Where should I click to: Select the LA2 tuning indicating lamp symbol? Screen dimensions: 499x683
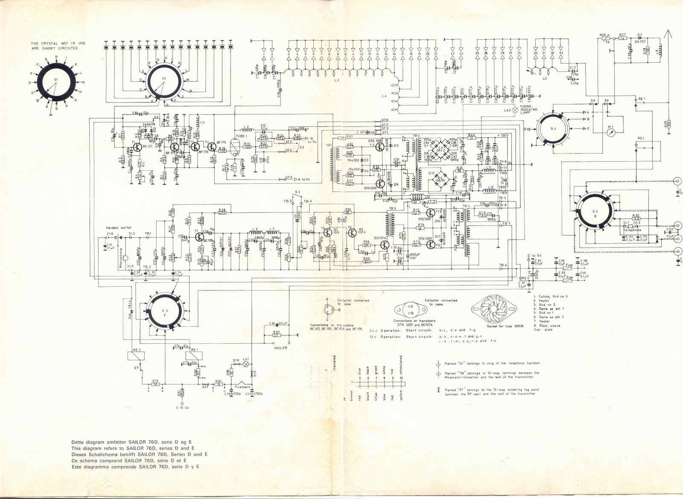pos(515,110)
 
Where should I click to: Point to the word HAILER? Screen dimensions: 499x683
pos(281,348)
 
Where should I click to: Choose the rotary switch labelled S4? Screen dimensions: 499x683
pos(552,128)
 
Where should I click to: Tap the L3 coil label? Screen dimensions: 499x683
pos(337,80)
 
